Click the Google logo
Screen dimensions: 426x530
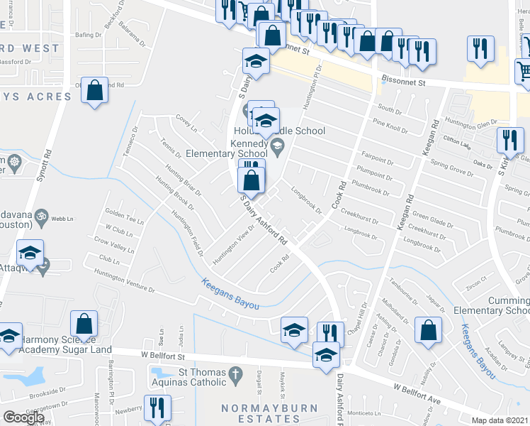click(x=24, y=417)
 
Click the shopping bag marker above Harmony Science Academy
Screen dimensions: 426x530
click(x=84, y=324)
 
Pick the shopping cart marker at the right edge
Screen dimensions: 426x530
click(x=524, y=70)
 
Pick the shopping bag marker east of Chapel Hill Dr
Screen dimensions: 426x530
click(x=428, y=331)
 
